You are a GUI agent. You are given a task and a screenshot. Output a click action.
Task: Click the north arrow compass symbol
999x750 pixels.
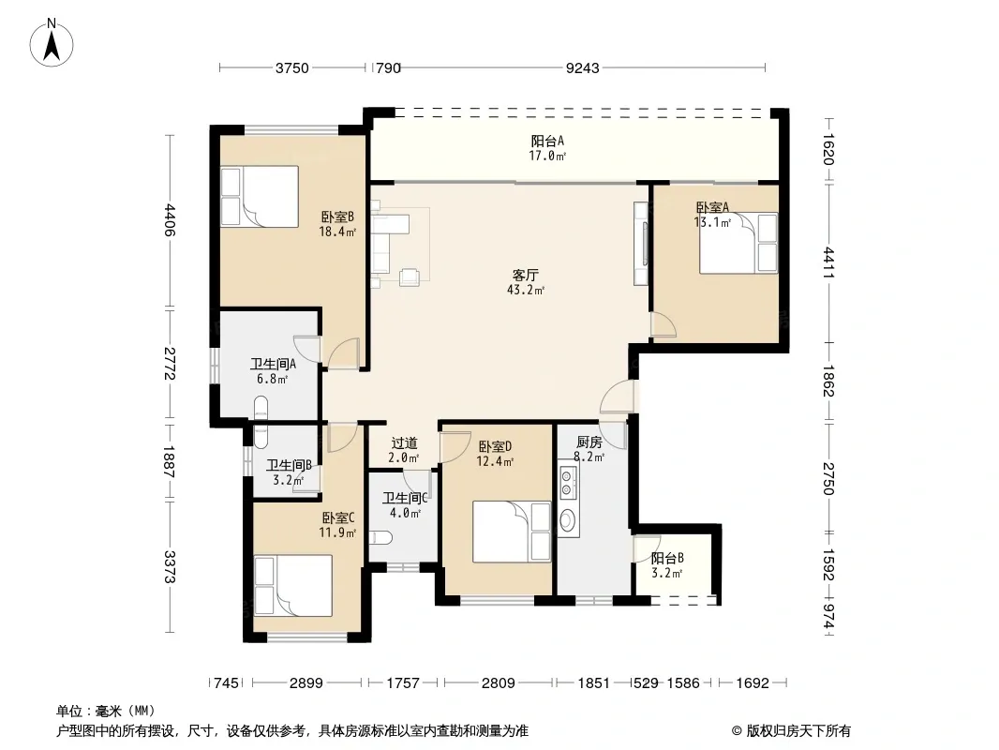click(52, 42)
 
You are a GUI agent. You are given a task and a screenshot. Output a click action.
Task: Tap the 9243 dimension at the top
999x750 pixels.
click(582, 67)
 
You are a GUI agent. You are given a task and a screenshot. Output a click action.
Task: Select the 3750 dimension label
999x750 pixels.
click(291, 67)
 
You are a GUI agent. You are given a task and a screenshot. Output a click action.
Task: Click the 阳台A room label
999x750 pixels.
click(547, 141)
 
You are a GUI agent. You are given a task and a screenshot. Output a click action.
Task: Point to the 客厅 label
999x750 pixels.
click(525, 276)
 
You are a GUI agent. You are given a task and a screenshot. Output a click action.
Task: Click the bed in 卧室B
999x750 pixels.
click(260, 196)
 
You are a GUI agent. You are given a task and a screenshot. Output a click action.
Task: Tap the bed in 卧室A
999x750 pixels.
click(738, 243)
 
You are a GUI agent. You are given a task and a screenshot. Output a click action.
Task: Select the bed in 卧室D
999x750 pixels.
click(511, 532)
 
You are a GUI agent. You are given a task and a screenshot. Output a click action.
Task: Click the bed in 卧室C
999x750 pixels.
click(292, 586)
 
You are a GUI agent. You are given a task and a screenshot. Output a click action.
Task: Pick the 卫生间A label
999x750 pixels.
click(273, 365)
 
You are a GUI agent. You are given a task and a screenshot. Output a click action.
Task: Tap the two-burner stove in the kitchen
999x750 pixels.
click(568, 483)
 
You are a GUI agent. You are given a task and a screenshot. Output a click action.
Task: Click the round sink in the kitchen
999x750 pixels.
click(567, 519)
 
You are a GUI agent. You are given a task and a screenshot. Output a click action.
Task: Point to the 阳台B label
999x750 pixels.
click(667, 558)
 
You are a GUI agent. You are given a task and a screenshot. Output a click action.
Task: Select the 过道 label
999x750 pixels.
click(404, 442)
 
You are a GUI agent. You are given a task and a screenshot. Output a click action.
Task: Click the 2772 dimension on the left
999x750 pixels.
click(170, 364)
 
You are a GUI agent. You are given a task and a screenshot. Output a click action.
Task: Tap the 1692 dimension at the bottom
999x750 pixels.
click(753, 683)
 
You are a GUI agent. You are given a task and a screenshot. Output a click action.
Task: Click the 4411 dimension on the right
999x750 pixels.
click(828, 262)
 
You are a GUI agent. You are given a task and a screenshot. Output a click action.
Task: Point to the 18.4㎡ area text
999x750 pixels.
click(337, 232)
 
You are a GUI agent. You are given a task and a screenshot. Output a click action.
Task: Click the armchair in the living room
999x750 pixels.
click(409, 277)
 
